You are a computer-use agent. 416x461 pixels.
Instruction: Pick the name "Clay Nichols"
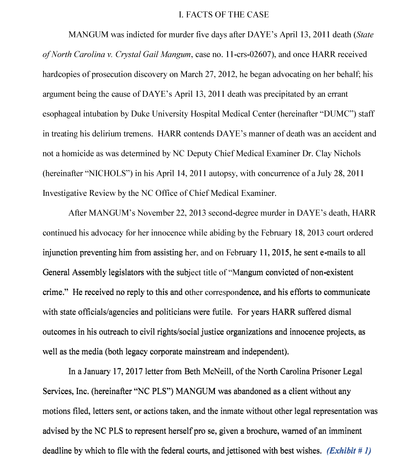coord(338,153)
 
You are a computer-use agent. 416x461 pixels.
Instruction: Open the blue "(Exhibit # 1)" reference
coord(348,451)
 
